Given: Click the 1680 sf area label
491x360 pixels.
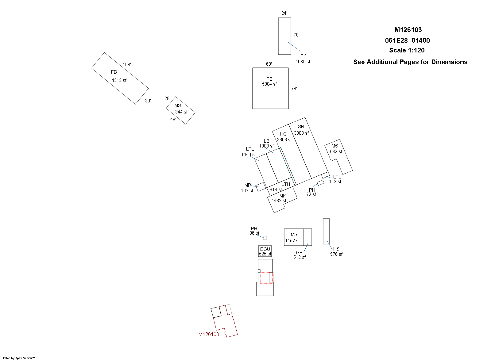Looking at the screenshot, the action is pyautogui.click(x=303, y=62).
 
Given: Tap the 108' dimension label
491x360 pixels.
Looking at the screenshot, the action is pyautogui.click(x=127, y=65).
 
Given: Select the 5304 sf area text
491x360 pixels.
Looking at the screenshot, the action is pyautogui.click(x=269, y=84).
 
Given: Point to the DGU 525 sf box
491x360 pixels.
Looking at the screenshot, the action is pyautogui.click(x=265, y=251).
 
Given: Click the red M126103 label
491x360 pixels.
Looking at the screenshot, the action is pyautogui.click(x=208, y=334).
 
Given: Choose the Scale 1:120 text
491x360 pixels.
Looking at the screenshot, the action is pyautogui.click(x=407, y=50).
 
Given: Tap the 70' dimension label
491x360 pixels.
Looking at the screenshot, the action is pyautogui.click(x=296, y=35).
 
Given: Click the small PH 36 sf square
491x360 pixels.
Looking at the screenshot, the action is pyautogui.click(x=265, y=238).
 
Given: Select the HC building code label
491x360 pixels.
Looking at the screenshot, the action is pyautogui.click(x=283, y=134).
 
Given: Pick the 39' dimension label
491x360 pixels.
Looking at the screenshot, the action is pyautogui.click(x=148, y=101).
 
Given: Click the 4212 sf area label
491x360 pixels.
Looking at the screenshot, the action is pyautogui.click(x=119, y=80).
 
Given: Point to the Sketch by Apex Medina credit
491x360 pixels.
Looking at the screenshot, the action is pyautogui.click(x=18, y=358).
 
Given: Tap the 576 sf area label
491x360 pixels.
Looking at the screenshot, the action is pyautogui.click(x=336, y=254).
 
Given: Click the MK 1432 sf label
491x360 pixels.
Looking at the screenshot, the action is pyautogui.click(x=280, y=198).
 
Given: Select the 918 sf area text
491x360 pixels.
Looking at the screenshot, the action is pyautogui.click(x=276, y=190).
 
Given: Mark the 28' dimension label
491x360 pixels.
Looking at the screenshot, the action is pyautogui.click(x=167, y=98).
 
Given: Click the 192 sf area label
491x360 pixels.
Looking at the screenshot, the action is pyautogui.click(x=247, y=191).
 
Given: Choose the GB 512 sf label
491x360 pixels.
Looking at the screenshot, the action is pyautogui.click(x=300, y=255).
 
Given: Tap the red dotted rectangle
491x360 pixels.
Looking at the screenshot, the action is pyautogui.click(x=260, y=278).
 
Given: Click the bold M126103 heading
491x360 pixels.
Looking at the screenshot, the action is pyautogui.click(x=408, y=30).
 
